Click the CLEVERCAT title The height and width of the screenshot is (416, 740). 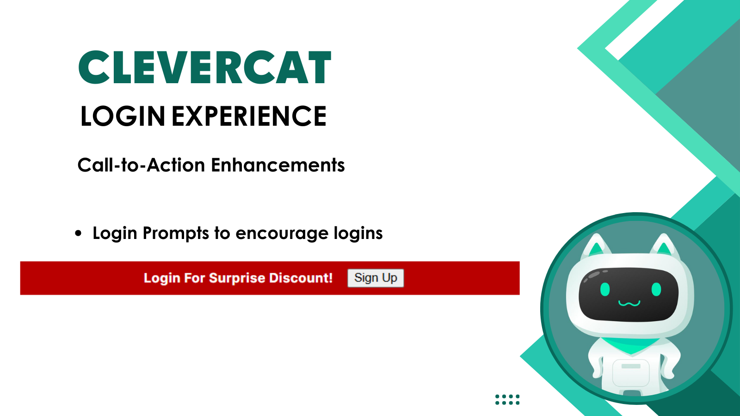(205, 67)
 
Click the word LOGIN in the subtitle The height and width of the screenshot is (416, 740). (123, 116)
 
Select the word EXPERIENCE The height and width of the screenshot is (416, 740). (249, 116)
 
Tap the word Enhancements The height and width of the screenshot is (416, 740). (278, 165)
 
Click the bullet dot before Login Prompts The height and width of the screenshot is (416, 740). (78, 233)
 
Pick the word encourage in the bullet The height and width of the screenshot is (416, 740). (282, 234)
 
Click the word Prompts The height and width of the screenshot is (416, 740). (176, 234)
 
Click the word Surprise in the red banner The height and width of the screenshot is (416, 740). (237, 278)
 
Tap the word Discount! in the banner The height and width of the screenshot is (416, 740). (301, 278)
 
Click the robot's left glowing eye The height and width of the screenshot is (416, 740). (605, 289)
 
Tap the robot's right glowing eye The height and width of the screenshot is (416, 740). (656, 289)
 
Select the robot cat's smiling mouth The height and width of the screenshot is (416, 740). (629, 303)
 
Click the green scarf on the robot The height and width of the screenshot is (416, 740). (631, 345)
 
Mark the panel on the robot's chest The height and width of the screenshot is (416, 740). (631, 373)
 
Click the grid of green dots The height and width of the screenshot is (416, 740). (507, 399)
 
